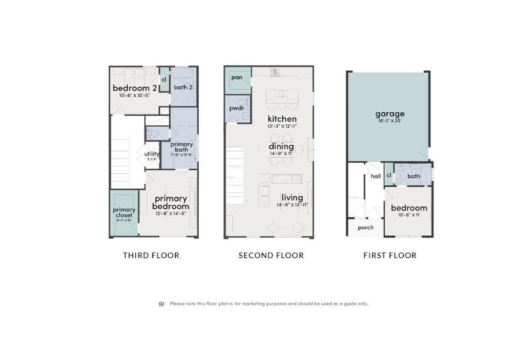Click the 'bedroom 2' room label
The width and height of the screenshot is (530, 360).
134,88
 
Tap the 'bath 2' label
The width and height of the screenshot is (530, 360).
183,88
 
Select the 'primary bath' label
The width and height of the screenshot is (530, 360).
181,147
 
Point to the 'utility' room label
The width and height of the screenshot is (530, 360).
151,154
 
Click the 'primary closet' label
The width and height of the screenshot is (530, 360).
124,212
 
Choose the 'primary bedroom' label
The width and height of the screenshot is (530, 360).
171,202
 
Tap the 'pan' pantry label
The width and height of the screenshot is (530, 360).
236,77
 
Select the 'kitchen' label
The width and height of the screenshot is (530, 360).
282,119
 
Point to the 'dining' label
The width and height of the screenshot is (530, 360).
281,146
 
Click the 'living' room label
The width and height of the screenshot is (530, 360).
292,197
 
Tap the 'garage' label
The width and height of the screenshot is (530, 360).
390,113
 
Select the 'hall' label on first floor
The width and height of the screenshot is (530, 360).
375,176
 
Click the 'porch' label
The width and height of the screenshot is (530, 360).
366,227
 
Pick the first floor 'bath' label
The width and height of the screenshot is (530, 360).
414,176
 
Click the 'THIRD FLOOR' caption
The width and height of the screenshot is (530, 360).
151,256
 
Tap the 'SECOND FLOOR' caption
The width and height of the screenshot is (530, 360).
271,256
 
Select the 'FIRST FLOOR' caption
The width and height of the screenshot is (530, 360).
390,256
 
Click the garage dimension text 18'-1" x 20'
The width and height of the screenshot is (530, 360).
390,121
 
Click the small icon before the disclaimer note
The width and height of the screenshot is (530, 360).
161,304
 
